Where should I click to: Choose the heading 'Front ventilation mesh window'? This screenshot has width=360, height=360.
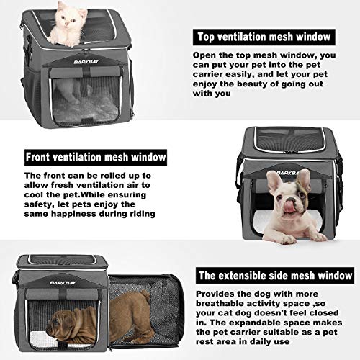point(95,156)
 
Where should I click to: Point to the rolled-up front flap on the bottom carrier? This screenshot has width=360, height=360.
point(58,295)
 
